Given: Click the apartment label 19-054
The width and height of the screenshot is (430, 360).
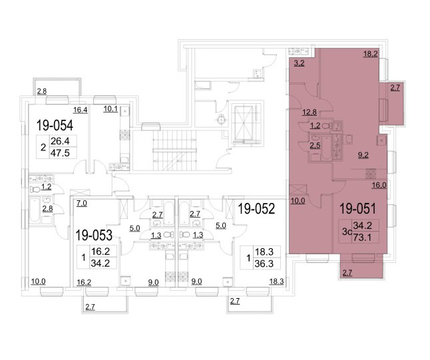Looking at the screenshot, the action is click(x=55, y=126).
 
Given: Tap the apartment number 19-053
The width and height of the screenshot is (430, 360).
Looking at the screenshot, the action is click(x=94, y=235).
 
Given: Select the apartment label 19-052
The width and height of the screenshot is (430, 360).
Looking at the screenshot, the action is click(x=256, y=209).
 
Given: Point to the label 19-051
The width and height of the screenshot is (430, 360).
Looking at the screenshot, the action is click(x=358, y=209).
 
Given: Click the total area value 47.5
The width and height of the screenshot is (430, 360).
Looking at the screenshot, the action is click(x=60, y=153).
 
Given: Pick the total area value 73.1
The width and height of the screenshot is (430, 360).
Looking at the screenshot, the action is click(x=362, y=237).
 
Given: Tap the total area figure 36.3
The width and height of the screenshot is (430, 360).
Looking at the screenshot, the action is click(x=264, y=264).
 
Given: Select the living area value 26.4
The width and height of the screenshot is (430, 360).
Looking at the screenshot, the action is click(x=60, y=141).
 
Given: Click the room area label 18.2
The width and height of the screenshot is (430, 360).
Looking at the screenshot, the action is click(x=371, y=54).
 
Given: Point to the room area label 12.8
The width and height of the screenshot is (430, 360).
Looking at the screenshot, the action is click(x=310, y=112).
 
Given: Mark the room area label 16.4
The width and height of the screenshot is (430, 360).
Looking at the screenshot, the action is click(x=81, y=110).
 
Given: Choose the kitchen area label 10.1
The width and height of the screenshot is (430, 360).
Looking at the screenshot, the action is click(x=110, y=109).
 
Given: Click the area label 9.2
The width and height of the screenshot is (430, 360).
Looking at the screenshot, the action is click(x=363, y=156).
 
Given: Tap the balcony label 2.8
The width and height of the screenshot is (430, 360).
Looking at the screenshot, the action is click(x=42, y=91).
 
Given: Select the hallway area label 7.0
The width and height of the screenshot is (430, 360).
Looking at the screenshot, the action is click(x=82, y=203).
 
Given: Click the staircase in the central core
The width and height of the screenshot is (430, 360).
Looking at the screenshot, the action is click(x=174, y=150).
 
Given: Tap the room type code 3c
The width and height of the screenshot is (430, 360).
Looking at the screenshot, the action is click(x=347, y=232).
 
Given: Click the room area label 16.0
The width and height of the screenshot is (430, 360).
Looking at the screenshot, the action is click(x=379, y=186).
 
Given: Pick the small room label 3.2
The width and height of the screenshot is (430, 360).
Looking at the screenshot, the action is click(x=299, y=63).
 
